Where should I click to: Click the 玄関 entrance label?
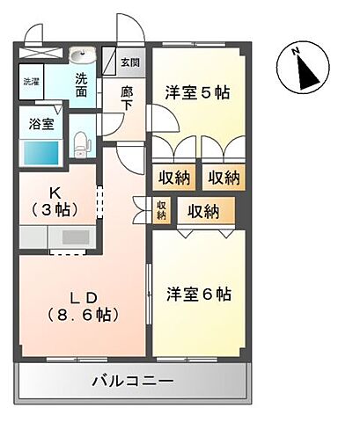129,62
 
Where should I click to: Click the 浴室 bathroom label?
41,124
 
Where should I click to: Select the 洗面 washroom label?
81,84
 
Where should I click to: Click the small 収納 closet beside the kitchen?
161,210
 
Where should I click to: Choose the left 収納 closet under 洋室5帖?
175,177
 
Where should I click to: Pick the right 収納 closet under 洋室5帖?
223,177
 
